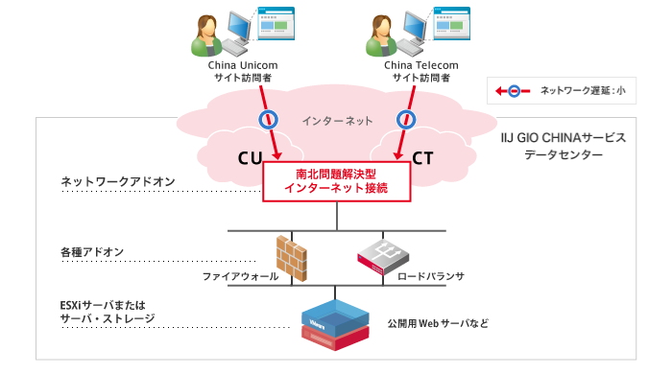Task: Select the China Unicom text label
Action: point(244,65)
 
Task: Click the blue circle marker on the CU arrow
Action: point(269,119)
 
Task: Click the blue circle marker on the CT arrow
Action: point(404,119)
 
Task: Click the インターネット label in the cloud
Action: point(336,121)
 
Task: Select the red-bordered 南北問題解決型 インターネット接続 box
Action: point(336,181)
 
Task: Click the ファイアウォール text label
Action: point(240,276)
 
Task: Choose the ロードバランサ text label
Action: point(431,276)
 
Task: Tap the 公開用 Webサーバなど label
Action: point(438,324)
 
